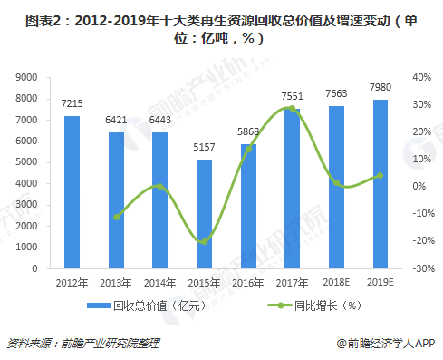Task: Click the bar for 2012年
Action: (x=72, y=192)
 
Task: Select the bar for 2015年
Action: (x=205, y=214)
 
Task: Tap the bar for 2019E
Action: (x=380, y=184)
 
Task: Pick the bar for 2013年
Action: (x=117, y=200)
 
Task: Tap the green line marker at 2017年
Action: (x=293, y=109)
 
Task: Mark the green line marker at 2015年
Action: (x=205, y=241)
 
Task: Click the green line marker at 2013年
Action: (x=117, y=217)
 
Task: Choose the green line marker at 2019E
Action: (x=380, y=176)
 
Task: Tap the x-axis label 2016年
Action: (x=248, y=282)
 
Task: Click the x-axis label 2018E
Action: (x=336, y=282)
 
